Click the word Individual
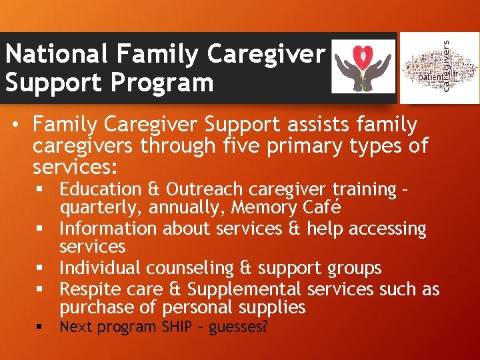100,268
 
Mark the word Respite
86,289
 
